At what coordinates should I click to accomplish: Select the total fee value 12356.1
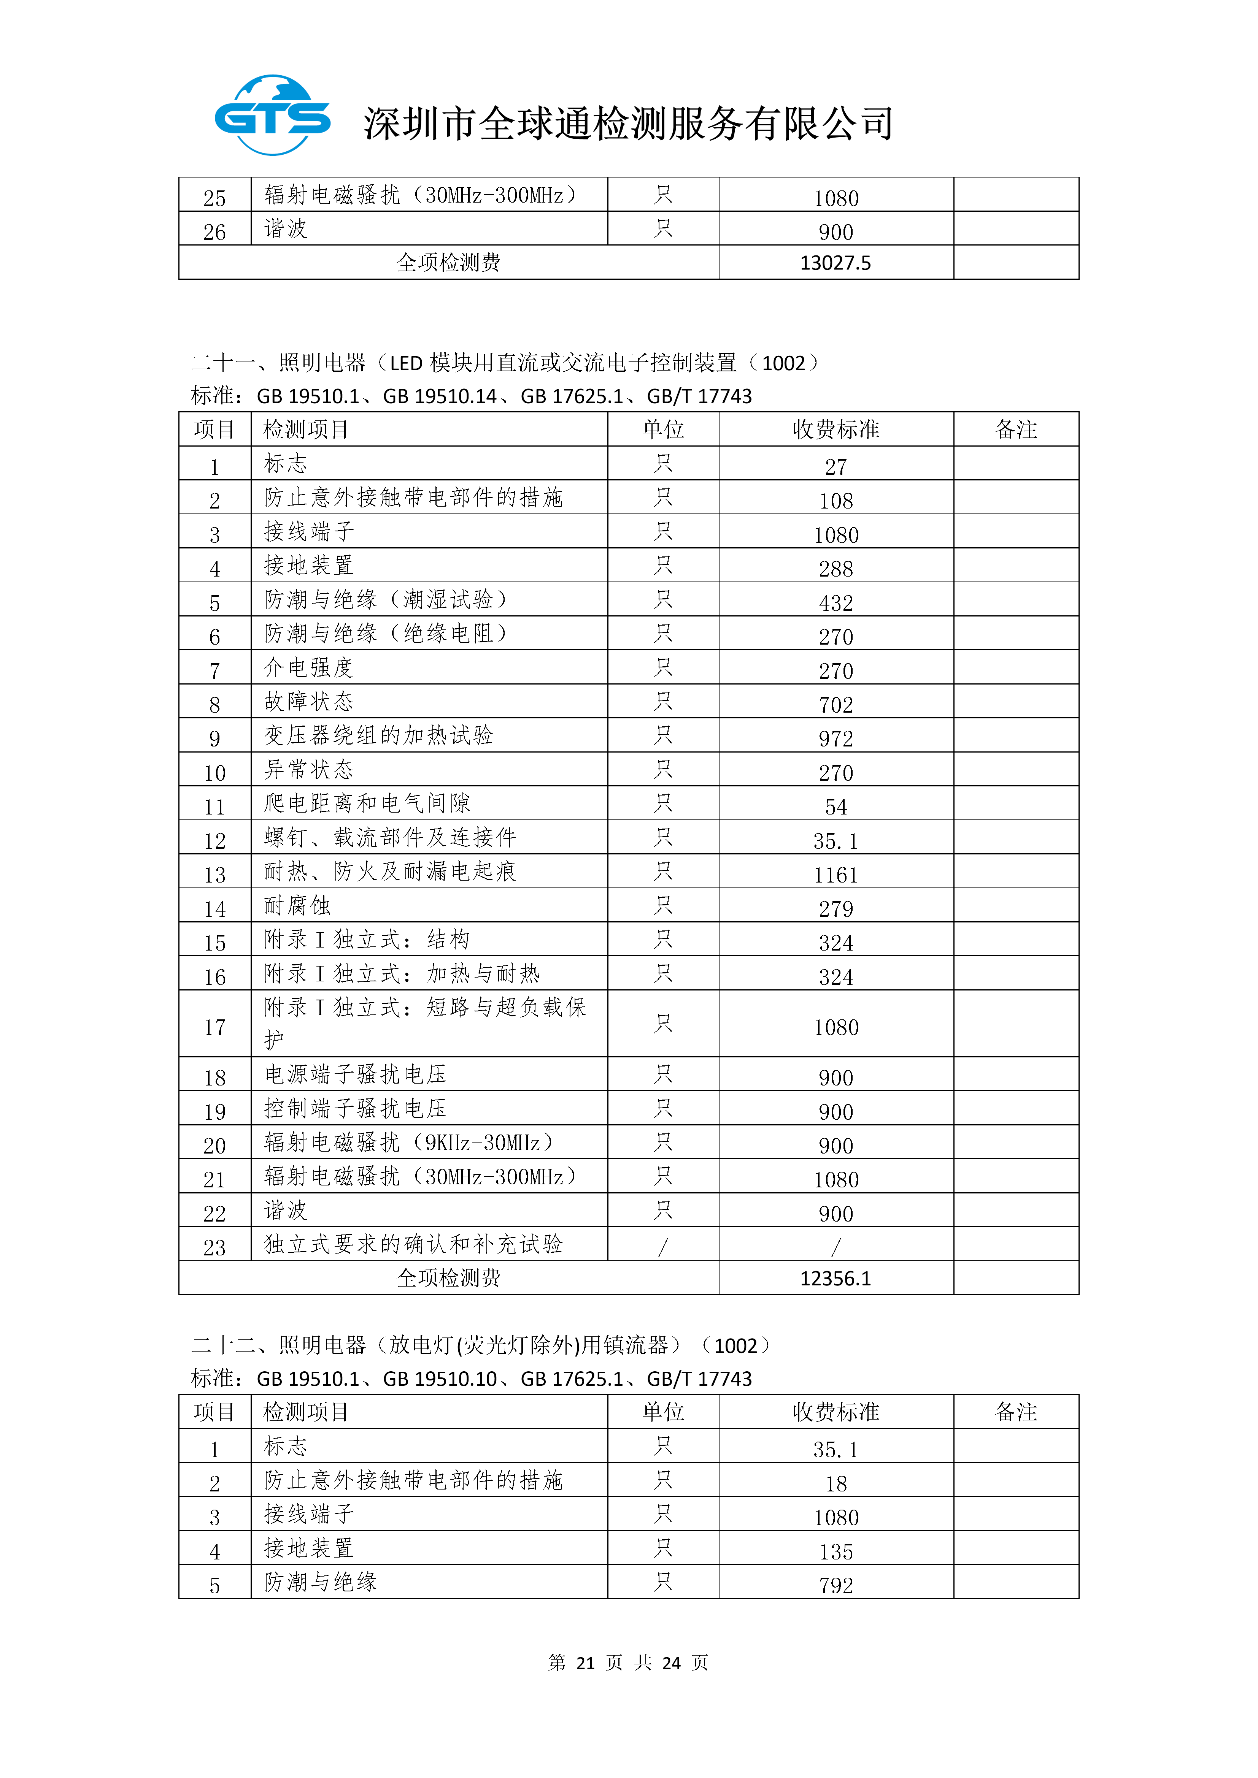coord(835,1279)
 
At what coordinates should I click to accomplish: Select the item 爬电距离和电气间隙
coord(367,803)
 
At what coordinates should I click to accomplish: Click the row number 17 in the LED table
coord(214,1027)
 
